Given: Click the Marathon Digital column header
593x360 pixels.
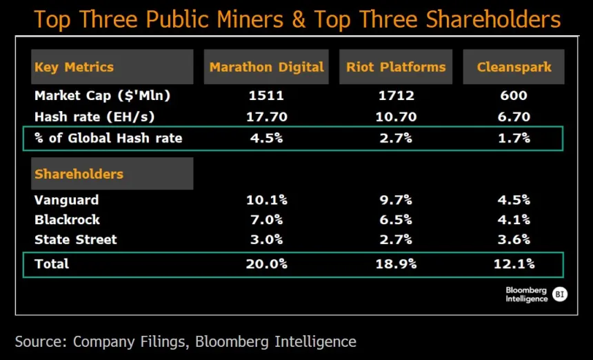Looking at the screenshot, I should click(x=266, y=67).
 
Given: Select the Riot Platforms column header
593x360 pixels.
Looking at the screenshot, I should click(x=396, y=67).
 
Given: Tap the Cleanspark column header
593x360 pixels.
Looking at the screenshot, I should click(x=514, y=67).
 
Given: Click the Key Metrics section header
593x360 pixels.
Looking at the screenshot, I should click(x=74, y=67).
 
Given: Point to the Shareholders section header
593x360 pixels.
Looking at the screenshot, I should click(x=79, y=174).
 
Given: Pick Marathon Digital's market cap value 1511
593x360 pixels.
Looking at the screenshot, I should click(x=266, y=96).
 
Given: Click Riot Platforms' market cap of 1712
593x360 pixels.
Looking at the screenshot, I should click(x=396, y=96).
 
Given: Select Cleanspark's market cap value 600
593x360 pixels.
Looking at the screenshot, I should click(x=514, y=96).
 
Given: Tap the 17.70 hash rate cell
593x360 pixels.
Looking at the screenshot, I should click(x=266, y=117).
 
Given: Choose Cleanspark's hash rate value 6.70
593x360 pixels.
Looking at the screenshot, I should click(x=514, y=117).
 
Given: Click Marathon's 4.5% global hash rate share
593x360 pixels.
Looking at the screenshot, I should click(x=266, y=138).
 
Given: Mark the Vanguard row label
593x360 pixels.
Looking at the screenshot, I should click(x=66, y=200).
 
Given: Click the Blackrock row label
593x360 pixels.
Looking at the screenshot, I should click(x=67, y=220).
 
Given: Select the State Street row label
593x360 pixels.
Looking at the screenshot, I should click(x=75, y=240).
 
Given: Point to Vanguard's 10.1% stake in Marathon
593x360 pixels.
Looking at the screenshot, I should click(x=266, y=200).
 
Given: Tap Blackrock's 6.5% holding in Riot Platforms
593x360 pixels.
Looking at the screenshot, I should click(x=396, y=220).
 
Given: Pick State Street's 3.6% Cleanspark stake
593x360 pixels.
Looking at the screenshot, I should click(x=514, y=240).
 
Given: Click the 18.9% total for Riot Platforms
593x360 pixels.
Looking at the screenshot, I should click(x=396, y=263).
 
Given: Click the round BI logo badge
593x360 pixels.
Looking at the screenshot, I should click(x=560, y=294).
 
